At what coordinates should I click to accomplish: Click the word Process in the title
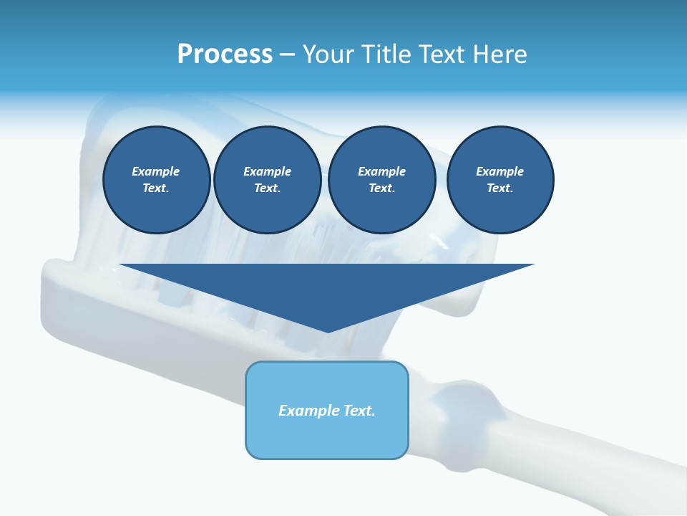pyautogui.click(x=225, y=54)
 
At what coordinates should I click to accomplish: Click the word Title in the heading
pyautogui.click(x=386, y=54)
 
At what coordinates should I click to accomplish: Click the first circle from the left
pyautogui.click(x=157, y=180)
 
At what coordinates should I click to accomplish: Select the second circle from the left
pyautogui.click(x=268, y=180)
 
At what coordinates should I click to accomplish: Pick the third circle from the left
pyautogui.click(x=382, y=180)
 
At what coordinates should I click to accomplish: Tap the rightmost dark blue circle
pyautogui.click(x=500, y=180)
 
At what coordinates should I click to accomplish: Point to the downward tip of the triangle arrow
pyautogui.click(x=328, y=331)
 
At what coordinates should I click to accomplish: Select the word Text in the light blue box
pyautogui.click(x=359, y=411)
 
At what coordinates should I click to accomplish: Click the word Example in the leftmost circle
pyautogui.click(x=156, y=171)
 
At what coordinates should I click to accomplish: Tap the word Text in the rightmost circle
pyautogui.click(x=499, y=188)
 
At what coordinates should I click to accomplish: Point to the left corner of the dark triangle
pyautogui.click(x=121, y=265)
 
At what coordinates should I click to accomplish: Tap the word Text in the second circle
pyautogui.click(x=266, y=188)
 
